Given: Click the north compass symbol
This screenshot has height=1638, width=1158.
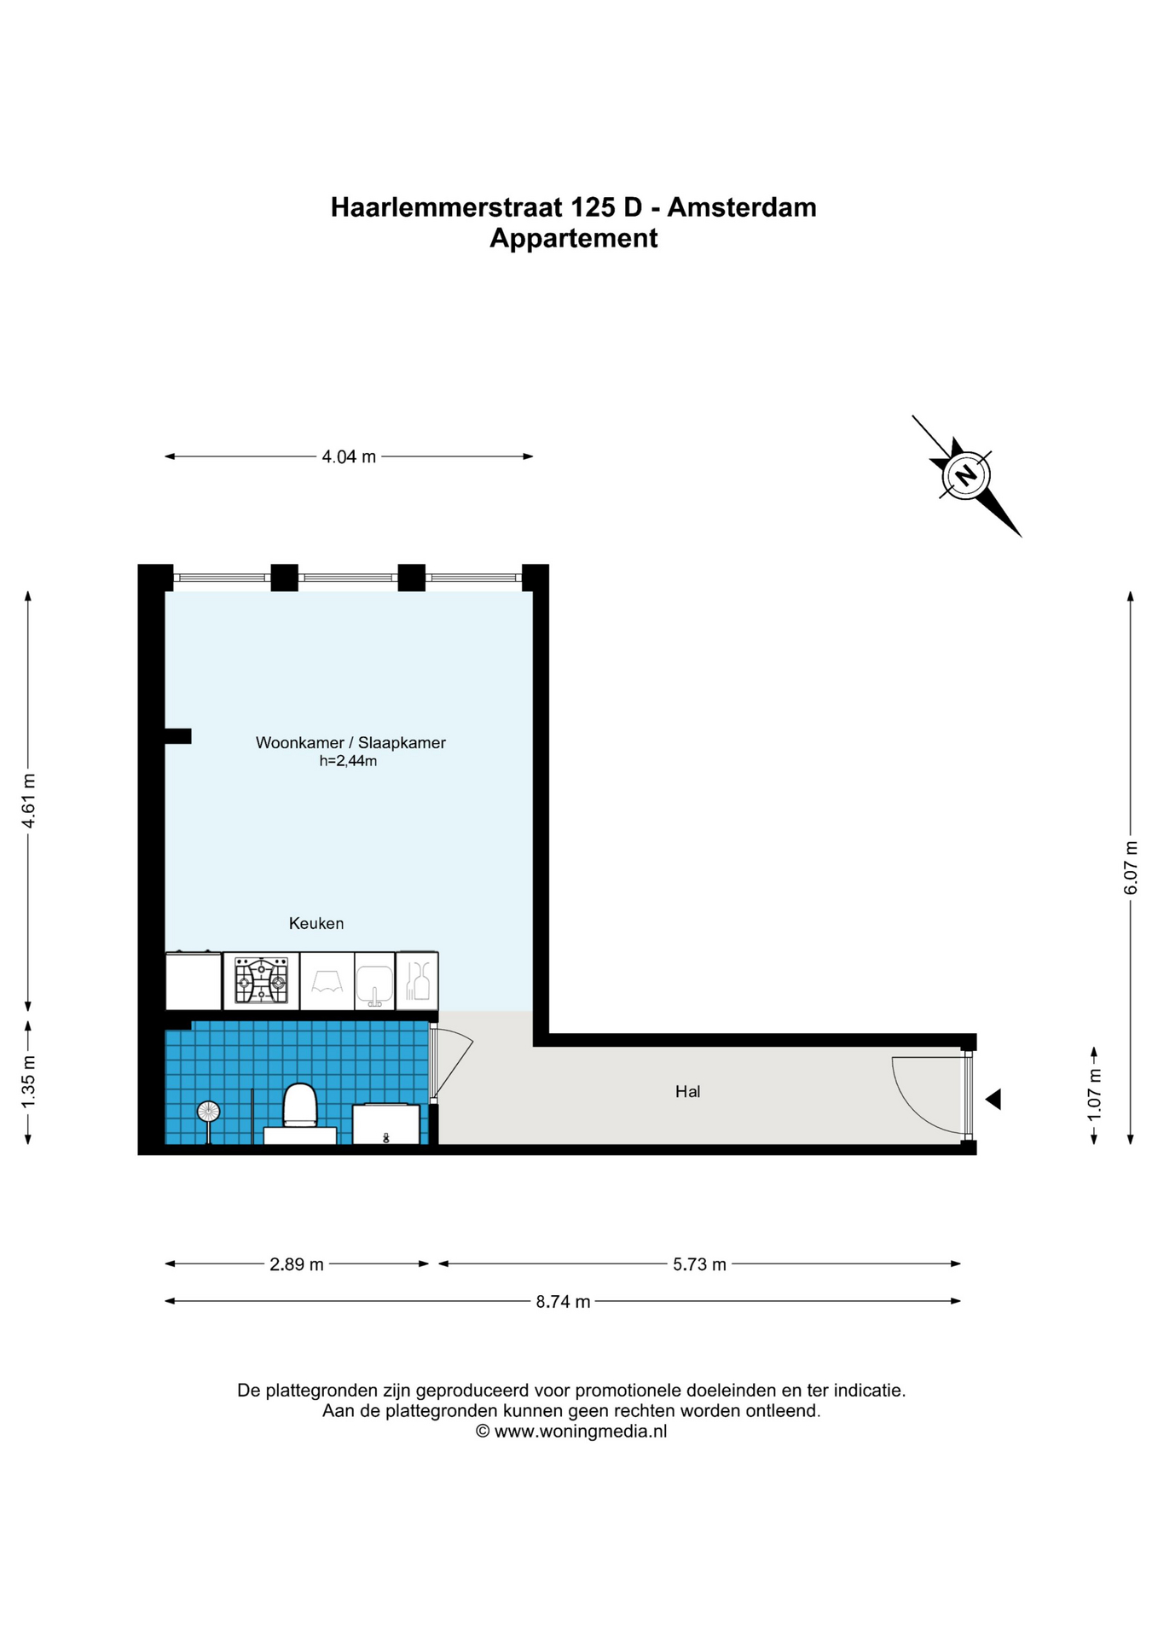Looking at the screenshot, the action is tap(966, 475).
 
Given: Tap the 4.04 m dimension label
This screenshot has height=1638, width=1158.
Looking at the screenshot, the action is tap(349, 456).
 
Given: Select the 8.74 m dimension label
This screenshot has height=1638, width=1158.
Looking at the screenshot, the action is tap(563, 1301).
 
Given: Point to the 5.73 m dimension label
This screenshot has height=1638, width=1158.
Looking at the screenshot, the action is tap(699, 1264).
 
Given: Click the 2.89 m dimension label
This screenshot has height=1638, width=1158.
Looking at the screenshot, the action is tap(297, 1264).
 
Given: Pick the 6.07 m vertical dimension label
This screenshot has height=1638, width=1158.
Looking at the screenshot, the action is tap(1131, 868).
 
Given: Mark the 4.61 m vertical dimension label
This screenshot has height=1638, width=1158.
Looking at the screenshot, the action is tap(28, 800).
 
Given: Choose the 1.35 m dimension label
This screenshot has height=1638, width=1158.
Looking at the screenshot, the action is tap(28, 1083).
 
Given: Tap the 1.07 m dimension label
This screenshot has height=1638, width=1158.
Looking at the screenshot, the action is tap(1095, 1095).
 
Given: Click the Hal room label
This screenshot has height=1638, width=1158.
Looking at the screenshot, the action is tap(687, 1091).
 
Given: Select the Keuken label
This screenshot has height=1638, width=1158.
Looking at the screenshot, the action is tap(316, 923).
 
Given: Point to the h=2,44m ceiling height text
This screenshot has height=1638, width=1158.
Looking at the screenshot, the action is tap(348, 761).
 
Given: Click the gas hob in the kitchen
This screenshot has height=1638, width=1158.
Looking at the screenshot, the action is tap(262, 981).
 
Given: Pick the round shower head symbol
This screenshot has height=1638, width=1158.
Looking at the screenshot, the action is tap(208, 1112).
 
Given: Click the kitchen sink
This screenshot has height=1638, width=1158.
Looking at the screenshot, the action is tap(374, 984).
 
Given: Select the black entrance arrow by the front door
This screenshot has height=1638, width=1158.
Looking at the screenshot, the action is tap(993, 1100).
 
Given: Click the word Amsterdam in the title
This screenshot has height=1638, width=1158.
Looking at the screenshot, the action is tap(742, 207).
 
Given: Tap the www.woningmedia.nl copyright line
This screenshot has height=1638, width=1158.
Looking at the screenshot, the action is tap(571, 1432).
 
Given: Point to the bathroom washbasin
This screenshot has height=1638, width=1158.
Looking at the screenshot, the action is tap(386, 1124).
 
